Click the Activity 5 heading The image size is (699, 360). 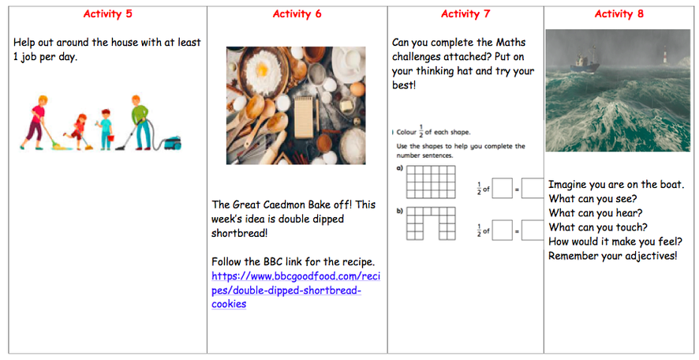point(107,13)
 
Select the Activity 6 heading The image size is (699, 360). point(297,13)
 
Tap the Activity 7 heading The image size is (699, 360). point(465,13)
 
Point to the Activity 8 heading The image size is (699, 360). point(619,13)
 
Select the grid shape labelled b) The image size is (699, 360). point(432,223)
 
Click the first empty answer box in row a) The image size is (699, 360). point(502,189)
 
